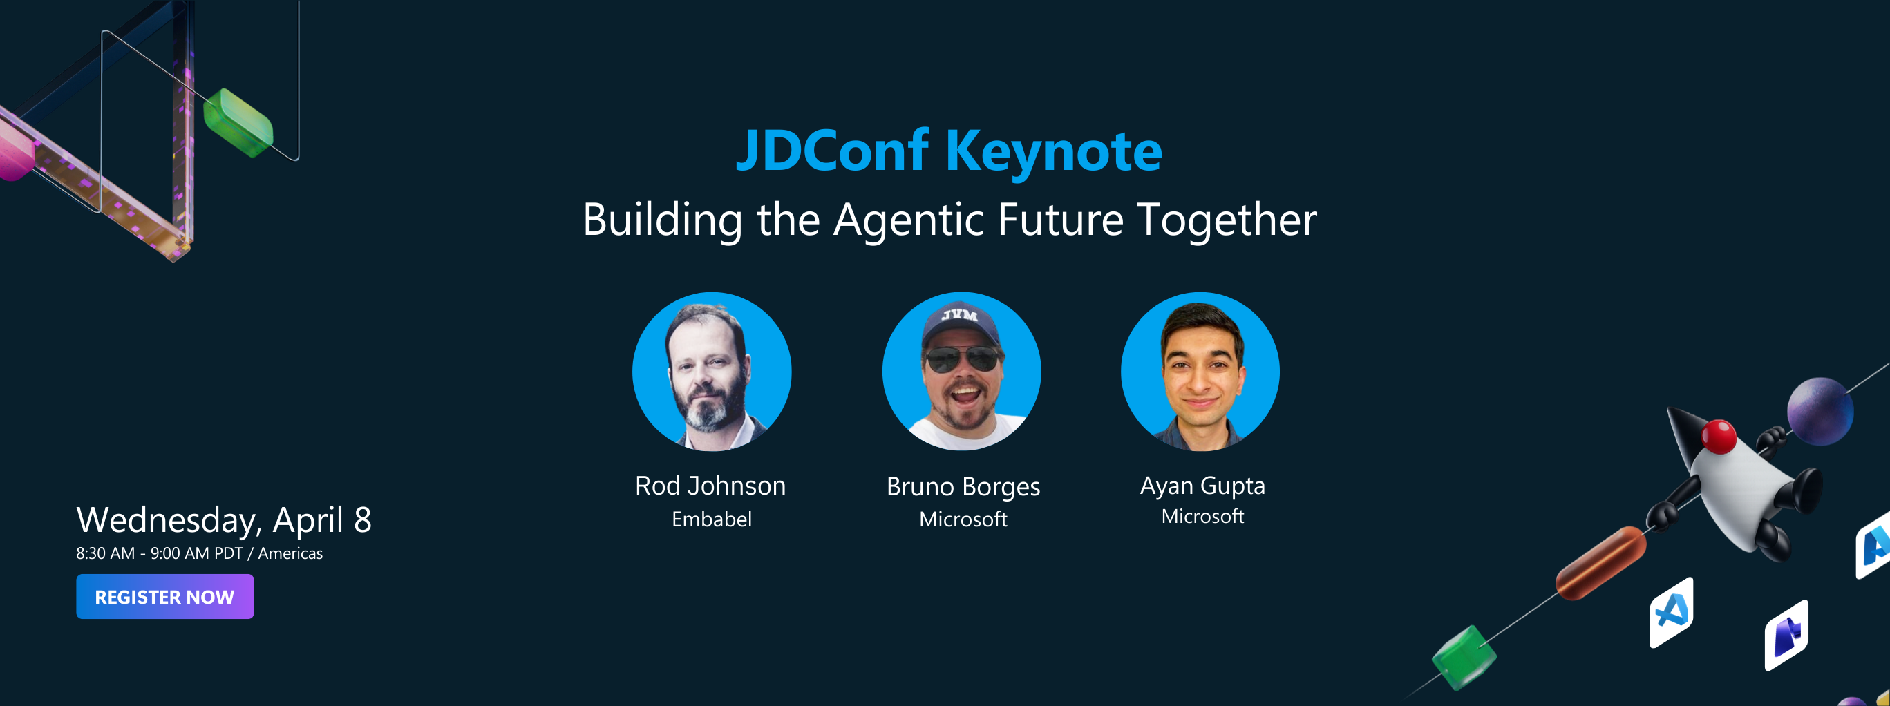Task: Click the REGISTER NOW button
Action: pos(165,596)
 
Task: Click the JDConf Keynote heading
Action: pos(949,151)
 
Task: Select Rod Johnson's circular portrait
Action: pos(711,372)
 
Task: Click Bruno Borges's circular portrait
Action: pos(961,372)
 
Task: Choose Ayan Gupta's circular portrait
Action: pos(1200,372)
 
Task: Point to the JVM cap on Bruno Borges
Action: pos(960,321)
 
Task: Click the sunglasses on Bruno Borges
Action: pos(961,359)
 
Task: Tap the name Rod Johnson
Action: pos(710,486)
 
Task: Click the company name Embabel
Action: pos(711,519)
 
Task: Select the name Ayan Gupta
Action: pos(1202,486)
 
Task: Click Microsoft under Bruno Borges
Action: pos(963,519)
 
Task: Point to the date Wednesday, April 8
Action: pos(224,519)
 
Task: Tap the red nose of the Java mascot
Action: pos(1719,435)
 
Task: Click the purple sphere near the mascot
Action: pos(1820,411)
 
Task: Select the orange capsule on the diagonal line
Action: pos(1600,563)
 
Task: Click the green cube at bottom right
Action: pos(1464,657)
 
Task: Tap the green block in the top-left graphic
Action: pos(238,123)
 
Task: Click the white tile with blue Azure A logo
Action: pos(1672,611)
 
